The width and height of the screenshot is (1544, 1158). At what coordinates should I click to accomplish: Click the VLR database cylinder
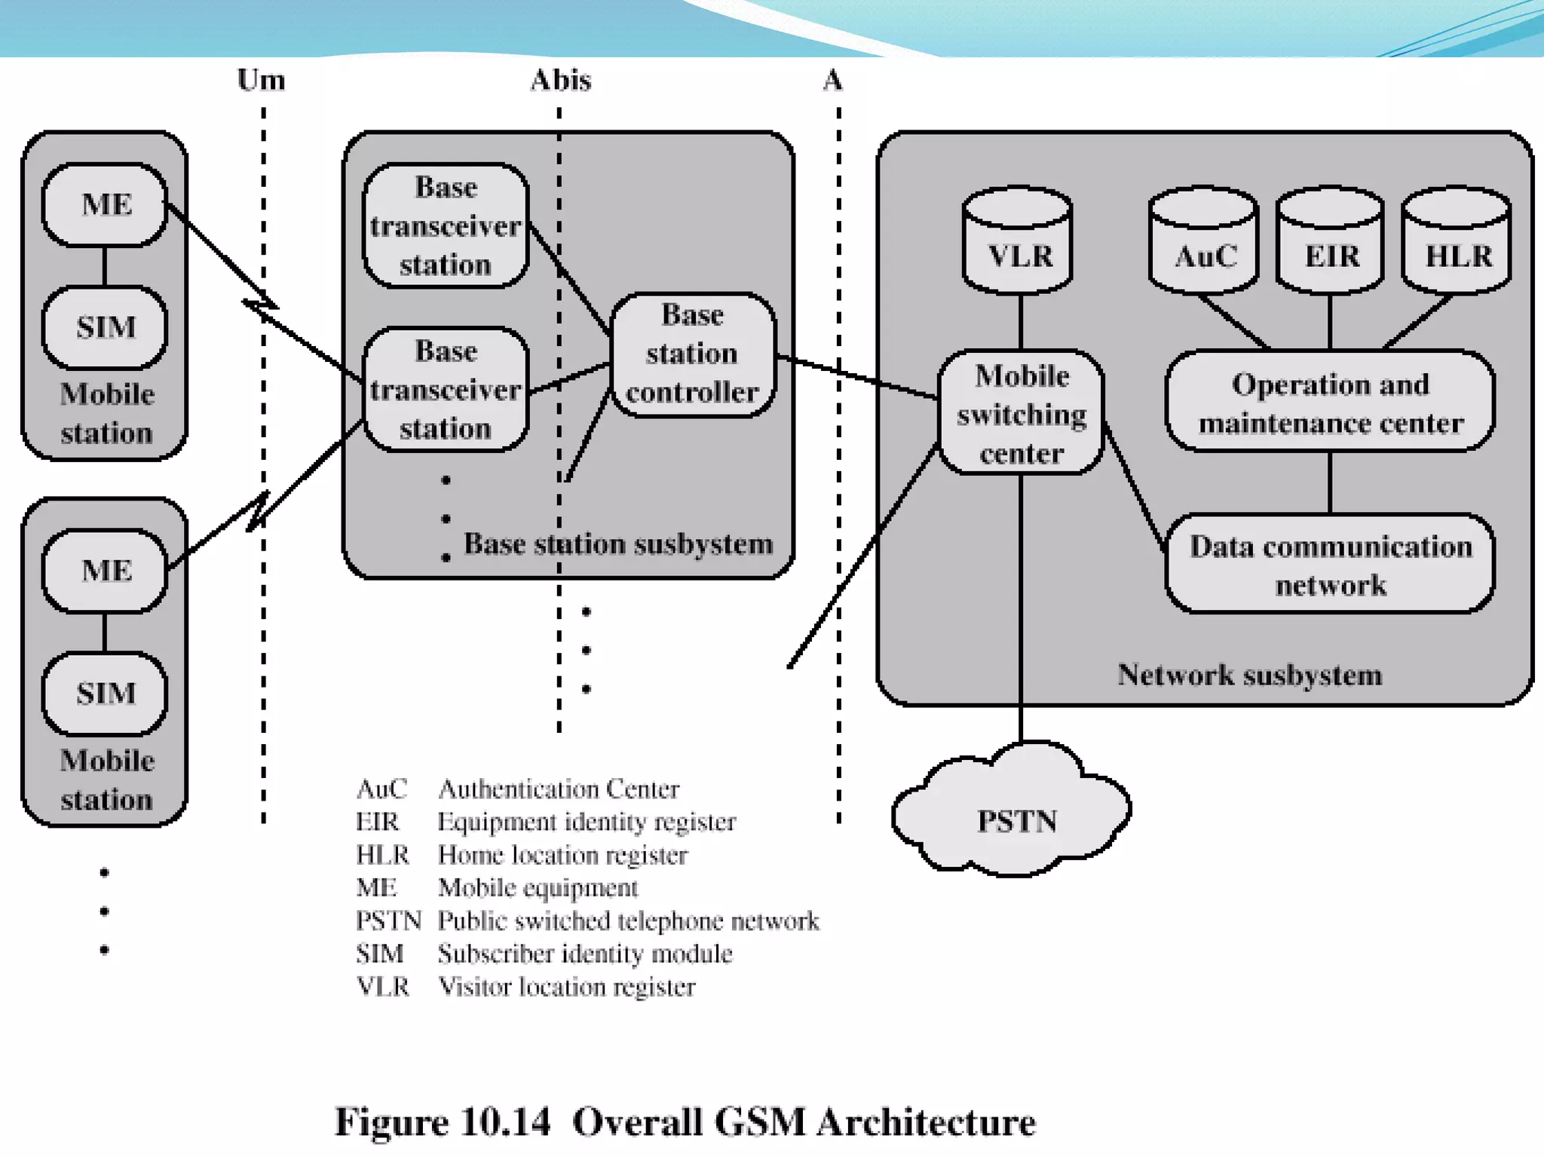(1018, 241)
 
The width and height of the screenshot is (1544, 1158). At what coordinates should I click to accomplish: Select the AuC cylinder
(1204, 241)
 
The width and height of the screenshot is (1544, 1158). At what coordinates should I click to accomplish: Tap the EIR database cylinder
(1331, 241)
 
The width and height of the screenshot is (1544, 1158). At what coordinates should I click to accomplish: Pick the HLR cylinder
(1457, 241)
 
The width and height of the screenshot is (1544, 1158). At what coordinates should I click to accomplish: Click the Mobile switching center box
(1021, 413)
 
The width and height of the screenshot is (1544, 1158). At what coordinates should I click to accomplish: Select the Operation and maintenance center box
(1330, 403)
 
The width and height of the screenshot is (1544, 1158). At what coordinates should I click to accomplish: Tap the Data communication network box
(1330, 564)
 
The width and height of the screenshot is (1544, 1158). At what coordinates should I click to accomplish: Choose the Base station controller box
(692, 354)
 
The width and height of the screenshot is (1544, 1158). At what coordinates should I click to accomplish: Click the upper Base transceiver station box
(446, 226)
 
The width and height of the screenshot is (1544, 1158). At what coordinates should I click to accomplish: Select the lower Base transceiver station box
(446, 390)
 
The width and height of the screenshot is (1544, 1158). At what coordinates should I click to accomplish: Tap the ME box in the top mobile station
(106, 204)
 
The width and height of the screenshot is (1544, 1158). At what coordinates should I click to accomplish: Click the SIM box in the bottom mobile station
(106, 693)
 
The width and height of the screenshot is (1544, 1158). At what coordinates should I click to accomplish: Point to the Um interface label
(261, 80)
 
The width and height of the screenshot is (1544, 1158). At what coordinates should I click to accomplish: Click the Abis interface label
(560, 80)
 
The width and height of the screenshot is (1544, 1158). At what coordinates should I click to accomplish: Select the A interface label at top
(832, 80)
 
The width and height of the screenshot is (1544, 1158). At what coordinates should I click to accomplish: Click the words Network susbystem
(1249, 675)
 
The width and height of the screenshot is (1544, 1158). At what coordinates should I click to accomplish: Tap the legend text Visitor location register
(567, 986)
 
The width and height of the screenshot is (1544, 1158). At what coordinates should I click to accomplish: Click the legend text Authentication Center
(559, 789)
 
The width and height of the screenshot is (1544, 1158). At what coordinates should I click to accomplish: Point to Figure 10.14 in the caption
(443, 1121)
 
